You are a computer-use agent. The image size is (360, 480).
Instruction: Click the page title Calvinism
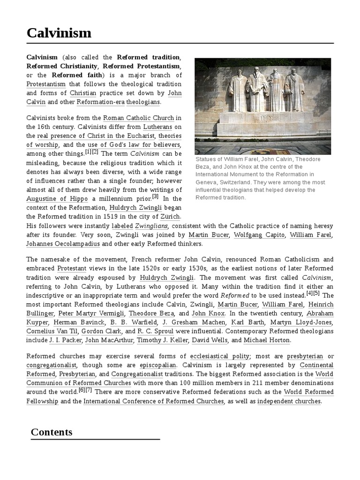[59, 33]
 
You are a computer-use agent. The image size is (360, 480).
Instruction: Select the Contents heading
[52, 432]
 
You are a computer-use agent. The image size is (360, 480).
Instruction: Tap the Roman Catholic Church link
[138, 118]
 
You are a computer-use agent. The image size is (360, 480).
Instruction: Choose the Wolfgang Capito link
[259, 234]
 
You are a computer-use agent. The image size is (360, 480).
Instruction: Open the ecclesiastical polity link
[220, 356]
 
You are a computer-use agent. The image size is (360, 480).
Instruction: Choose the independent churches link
[289, 401]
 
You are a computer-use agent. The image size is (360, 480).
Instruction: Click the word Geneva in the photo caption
[207, 182]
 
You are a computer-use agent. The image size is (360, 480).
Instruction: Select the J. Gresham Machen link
[194, 322]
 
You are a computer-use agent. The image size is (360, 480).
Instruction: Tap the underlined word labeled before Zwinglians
[122, 225]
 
